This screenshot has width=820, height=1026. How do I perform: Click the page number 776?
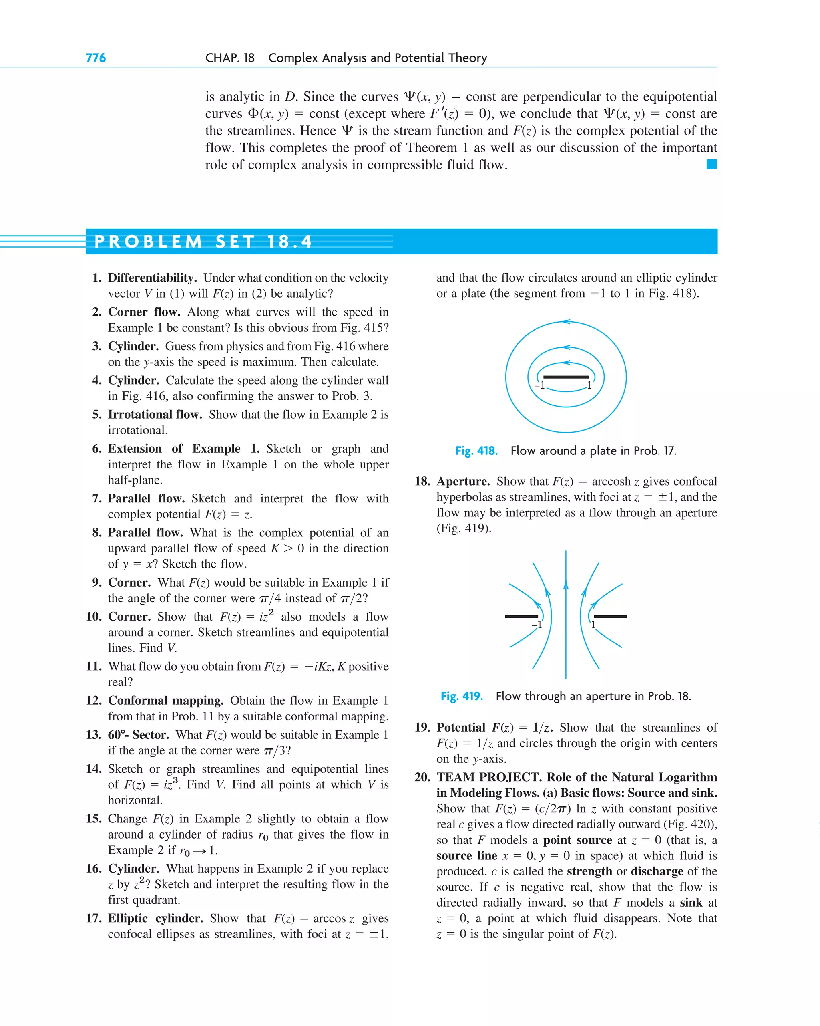(x=96, y=58)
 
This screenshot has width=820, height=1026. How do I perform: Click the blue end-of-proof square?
(x=711, y=165)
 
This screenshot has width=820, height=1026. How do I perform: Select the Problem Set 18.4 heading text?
(x=203, y=242)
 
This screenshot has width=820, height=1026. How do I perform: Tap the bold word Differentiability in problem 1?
(x=152, y=278)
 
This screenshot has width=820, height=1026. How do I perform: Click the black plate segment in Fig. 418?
(x=565, y=377)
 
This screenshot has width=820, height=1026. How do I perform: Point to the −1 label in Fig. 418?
(x=539, y=385)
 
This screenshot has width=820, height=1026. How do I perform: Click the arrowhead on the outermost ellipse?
(x=566, y=322)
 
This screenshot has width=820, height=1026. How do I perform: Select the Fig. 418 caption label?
(x=476, y=451)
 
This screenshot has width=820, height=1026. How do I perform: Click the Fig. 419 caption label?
(x=461, y=696)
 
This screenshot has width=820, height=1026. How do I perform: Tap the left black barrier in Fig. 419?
(x=521, y=616)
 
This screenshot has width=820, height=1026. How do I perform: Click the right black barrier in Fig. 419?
(x=610, y=616)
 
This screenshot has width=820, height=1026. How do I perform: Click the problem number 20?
(x=422, y=777)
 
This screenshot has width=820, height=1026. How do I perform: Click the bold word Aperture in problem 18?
(x=463, y=481)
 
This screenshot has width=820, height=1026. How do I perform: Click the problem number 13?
(x=94, y=734)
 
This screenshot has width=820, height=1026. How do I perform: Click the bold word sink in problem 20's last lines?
(x=691, y=902)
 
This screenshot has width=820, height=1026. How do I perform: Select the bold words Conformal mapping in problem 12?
(x=165, y=701)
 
